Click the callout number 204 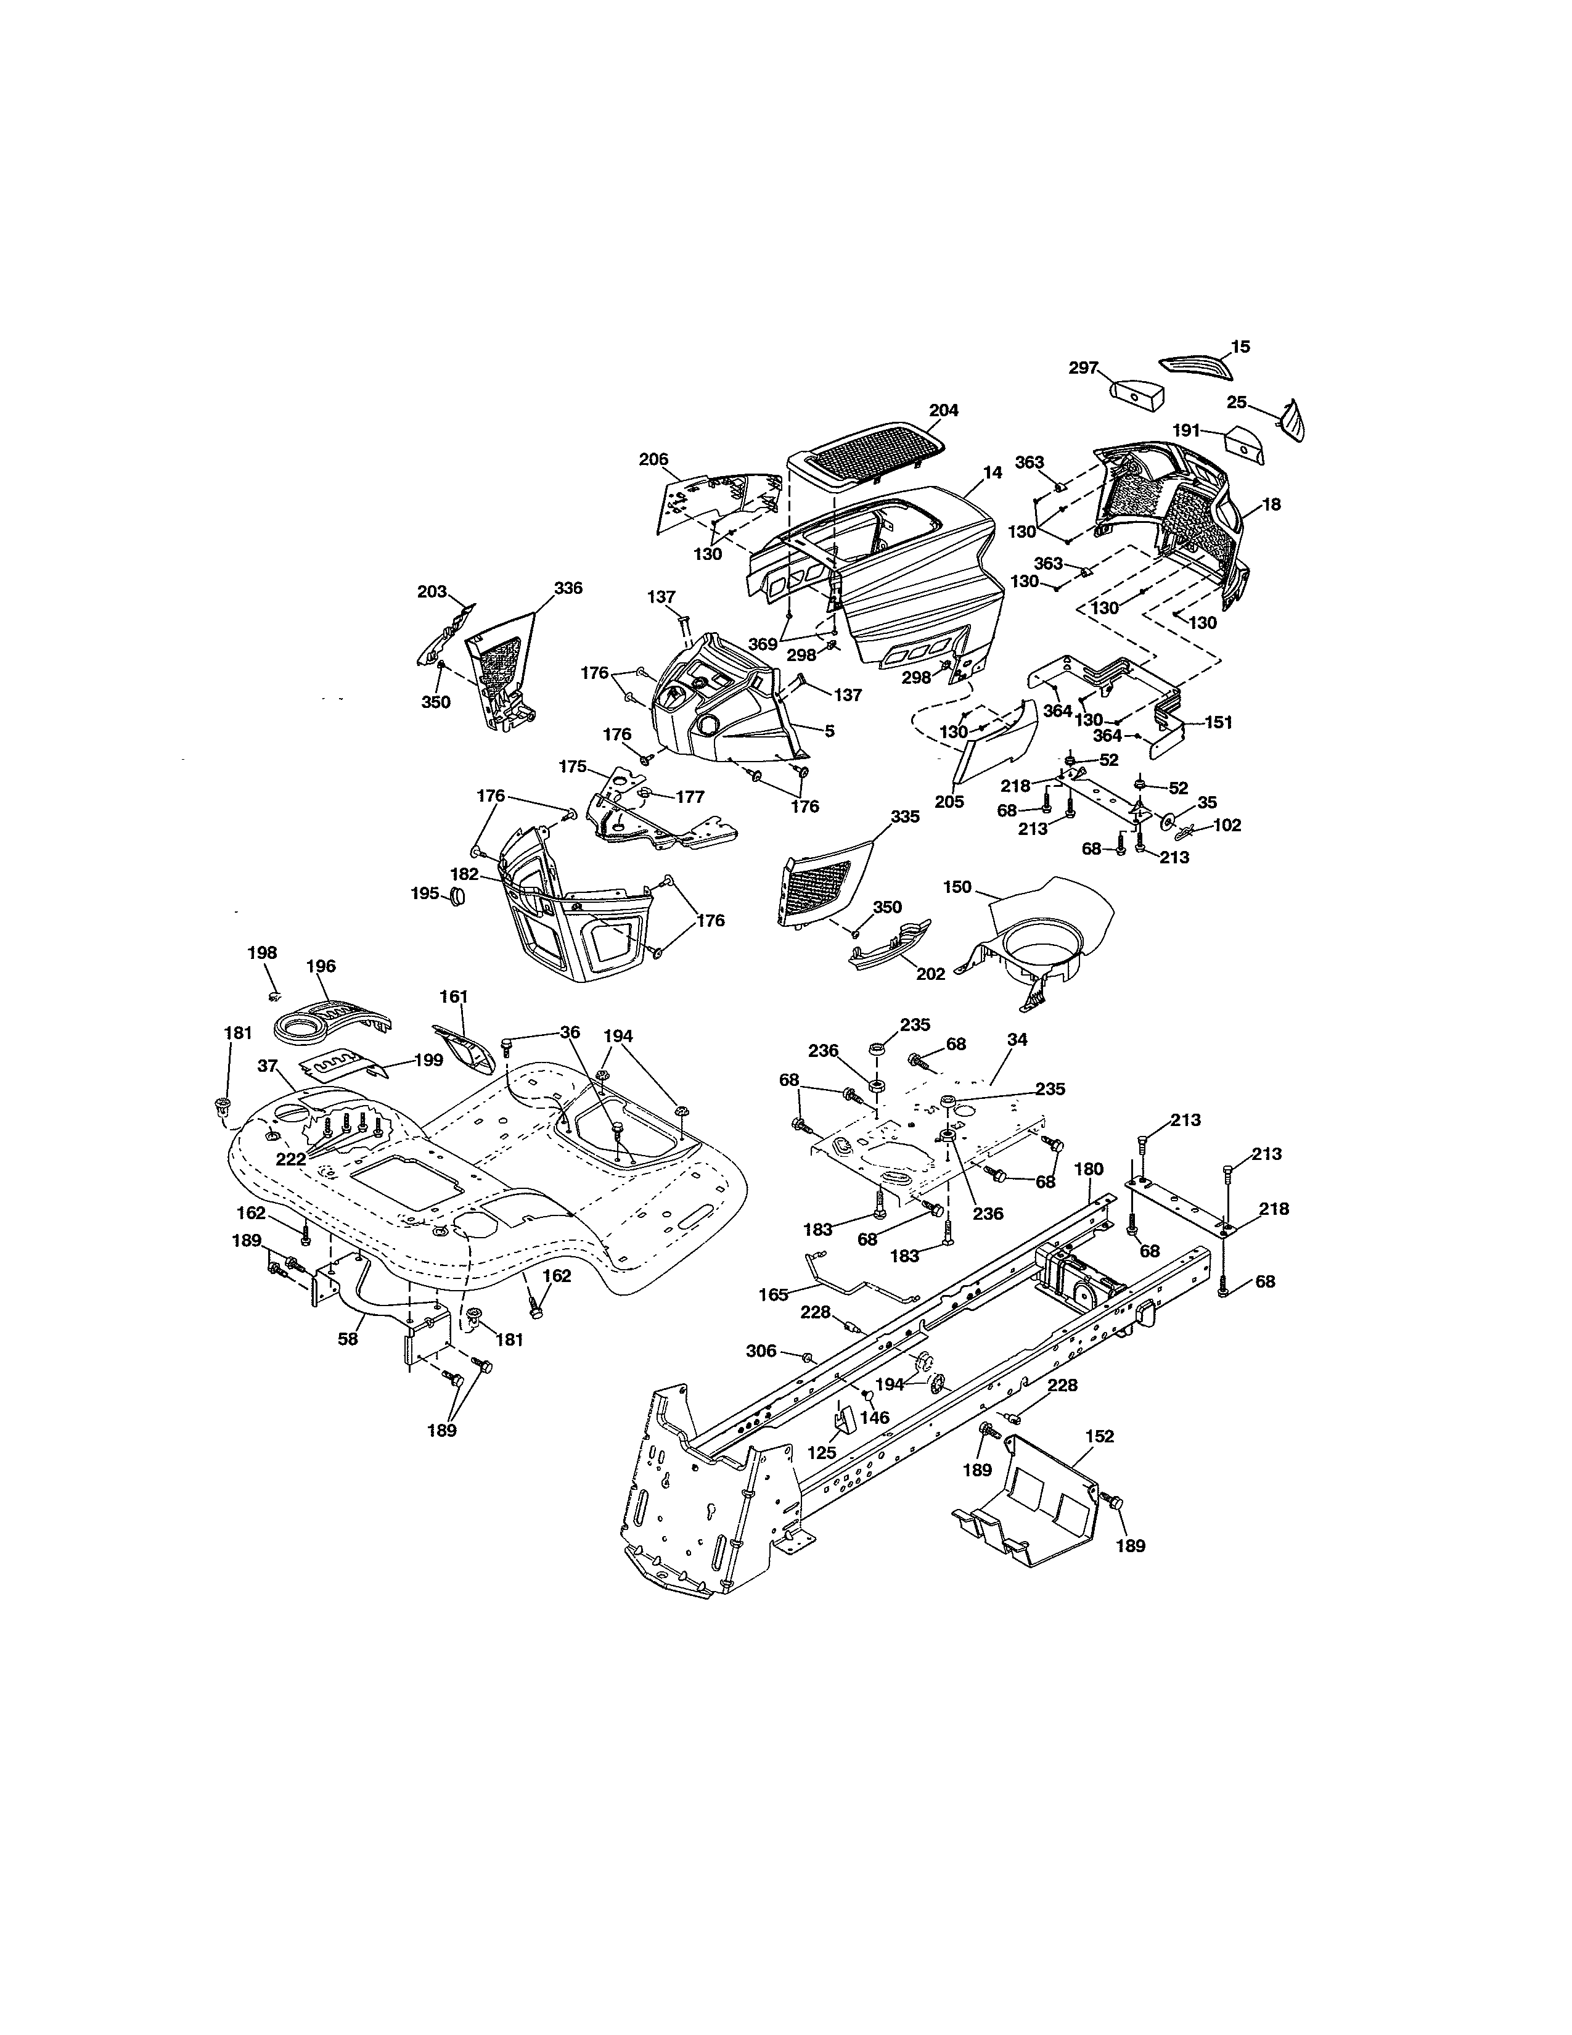tap(943, 410)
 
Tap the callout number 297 tap(1084, 368)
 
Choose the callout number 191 tap(1185, 430)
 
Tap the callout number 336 tap(568, 588)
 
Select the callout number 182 tap(464, 874)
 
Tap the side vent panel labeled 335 tap(819, 881)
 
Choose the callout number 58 tap(347, 1339)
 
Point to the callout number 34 tap(1017, 1039)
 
